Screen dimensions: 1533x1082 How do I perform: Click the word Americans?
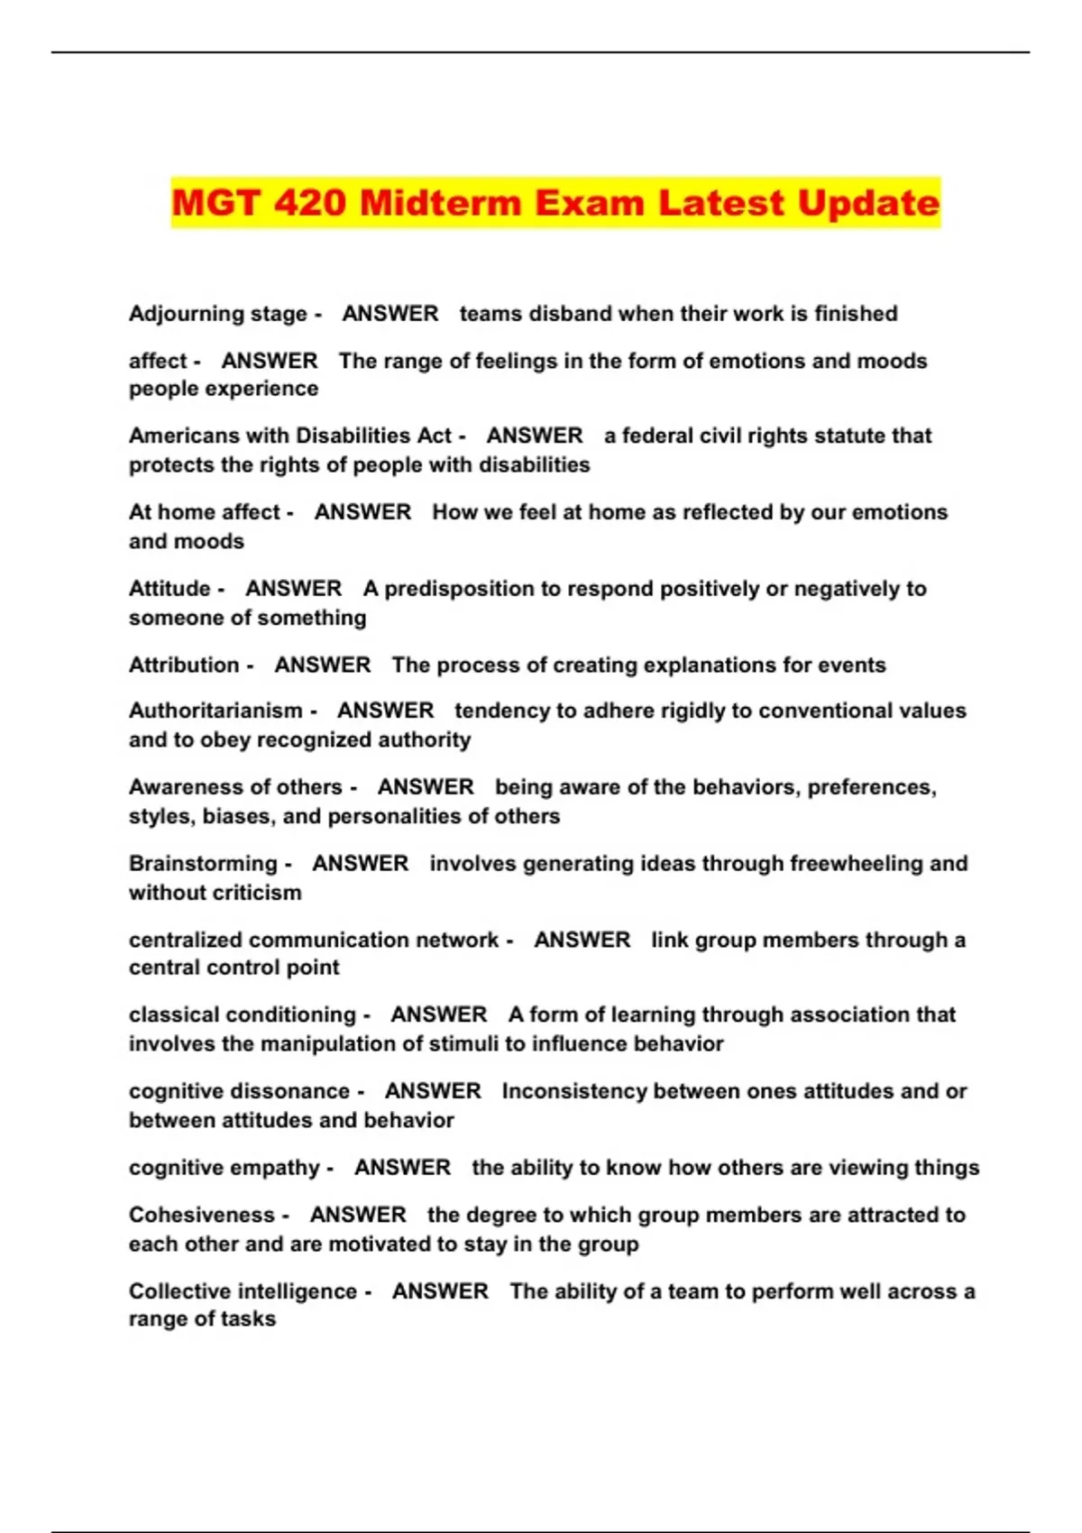tap(184, 436)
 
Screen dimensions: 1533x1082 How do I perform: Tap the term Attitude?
tap(170, 589)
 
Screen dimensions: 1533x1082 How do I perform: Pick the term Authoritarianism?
tap(215, 711)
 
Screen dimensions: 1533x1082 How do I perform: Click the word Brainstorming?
tap(203, 863)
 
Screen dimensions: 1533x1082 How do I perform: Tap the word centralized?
tap(186, 940)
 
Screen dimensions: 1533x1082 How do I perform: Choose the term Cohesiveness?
tap(202, 1215)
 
